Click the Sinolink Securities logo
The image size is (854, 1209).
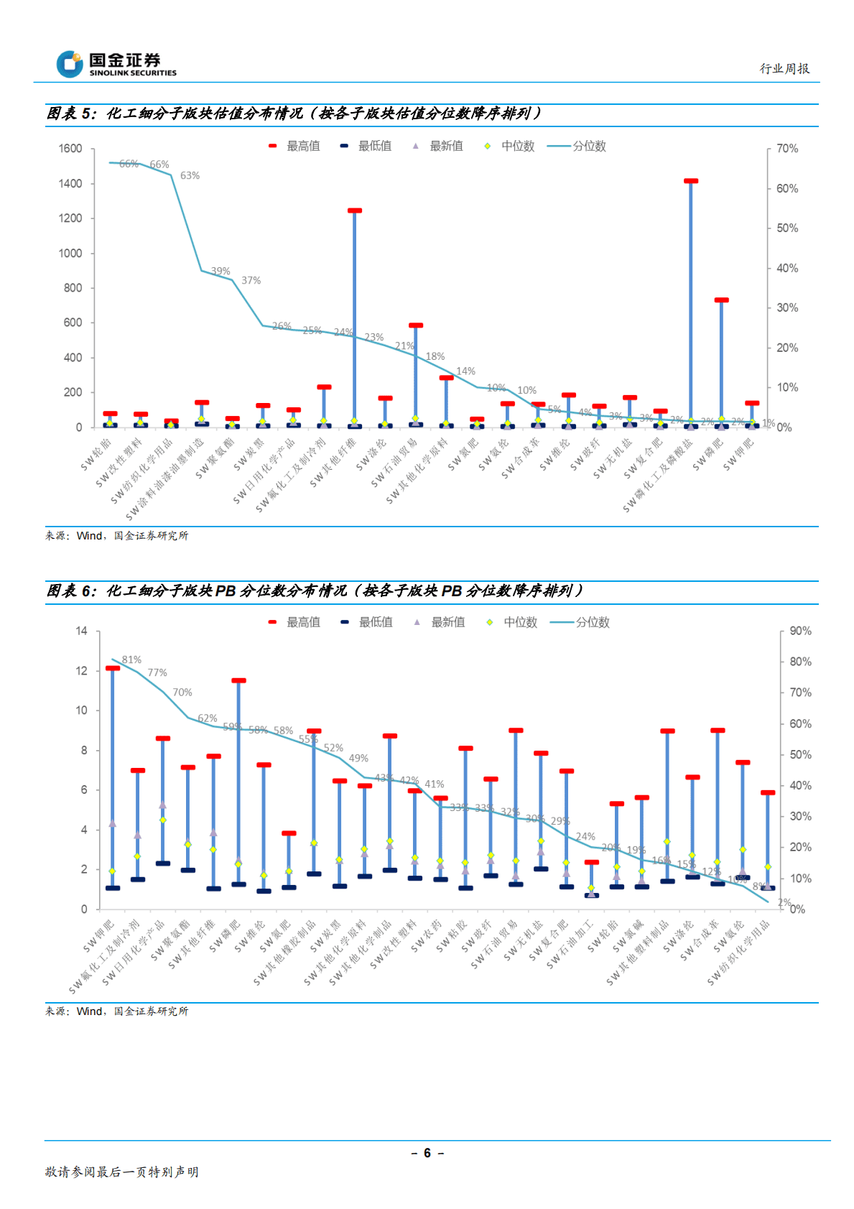(116, 64)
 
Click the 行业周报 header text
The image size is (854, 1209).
(784, 69)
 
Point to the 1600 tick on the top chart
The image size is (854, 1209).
(70, 149)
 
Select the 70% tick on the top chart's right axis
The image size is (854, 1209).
(787, 149)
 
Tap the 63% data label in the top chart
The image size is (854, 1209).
(190, 175)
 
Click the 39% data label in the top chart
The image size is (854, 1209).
(221, 271)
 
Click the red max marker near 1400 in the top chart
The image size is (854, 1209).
(691, 181)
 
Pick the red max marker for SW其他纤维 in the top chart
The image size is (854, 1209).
(355, 210)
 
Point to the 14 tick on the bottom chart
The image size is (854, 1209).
(81, 631)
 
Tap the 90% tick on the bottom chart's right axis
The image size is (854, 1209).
(800, 631)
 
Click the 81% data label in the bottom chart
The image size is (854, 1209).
(131, 659)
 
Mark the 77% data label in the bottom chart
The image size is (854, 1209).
(157, 672)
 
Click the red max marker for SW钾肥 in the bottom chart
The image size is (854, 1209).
(113, 668)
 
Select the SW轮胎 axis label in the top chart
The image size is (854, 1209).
(96, 455)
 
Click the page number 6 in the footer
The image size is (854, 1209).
(427, 1153)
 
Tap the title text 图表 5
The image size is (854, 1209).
(70, 114)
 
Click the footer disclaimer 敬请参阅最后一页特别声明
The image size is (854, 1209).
(121, 1172)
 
